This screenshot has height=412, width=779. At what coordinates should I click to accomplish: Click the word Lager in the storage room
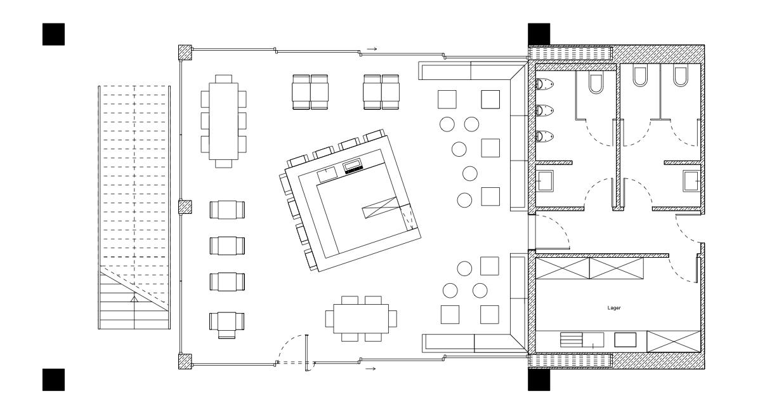coord(613,308)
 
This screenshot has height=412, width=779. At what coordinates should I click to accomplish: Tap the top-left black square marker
coord(53,34)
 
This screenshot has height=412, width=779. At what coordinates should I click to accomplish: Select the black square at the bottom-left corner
coord(53,379)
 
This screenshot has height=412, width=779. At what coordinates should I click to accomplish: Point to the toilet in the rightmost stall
coord(681,76)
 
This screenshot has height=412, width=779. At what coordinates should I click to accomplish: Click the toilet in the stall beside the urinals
coord(596,83)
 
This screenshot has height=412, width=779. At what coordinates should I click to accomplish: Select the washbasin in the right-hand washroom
coord(692,181)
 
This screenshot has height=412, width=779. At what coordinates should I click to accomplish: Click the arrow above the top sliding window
coord(372,48)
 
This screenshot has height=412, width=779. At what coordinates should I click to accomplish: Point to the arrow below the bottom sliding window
coord(372,368)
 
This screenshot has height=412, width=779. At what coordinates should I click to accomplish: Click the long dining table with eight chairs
coord(224,121)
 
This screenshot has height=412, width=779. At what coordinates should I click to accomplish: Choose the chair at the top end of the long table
coord(224,79)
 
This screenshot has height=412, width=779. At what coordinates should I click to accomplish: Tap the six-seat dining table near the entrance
coord(361,317)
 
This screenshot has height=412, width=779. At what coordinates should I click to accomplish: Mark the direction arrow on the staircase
coord(134,298)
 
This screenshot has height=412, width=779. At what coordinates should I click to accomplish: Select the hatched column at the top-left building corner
coord(185,53)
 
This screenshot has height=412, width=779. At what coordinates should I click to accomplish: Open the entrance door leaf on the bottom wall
coord(306,352)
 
